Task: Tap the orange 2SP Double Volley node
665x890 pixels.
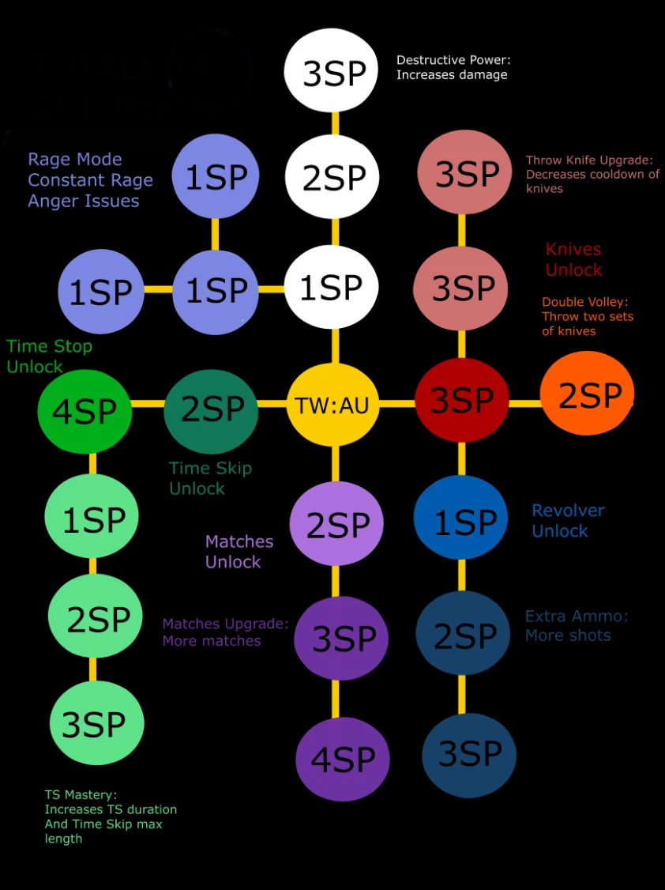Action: point(587,394)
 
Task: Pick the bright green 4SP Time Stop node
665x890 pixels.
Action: point(85,410)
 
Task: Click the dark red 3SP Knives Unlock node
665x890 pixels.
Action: point(462,400)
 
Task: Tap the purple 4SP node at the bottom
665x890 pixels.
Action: point(343,759)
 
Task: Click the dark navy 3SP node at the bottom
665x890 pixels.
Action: point(469,754)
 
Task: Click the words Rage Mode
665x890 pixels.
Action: point(75,160)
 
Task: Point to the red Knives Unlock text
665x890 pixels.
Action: point(573,259)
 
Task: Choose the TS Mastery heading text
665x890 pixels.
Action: point(81,795)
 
